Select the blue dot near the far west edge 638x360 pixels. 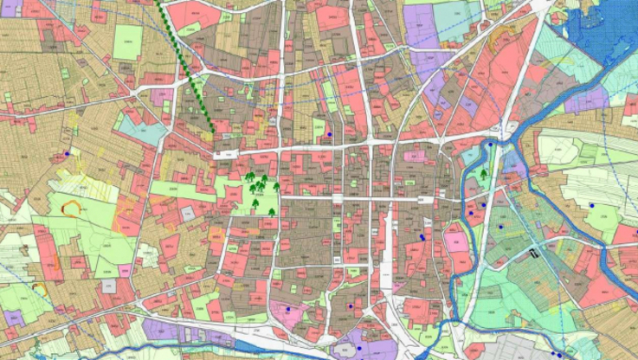pyautogui.click(x=65, y=155)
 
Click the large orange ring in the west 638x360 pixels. pyautogui.click(x=70, y=208)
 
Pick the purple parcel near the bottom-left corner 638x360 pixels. pyautogui.click(x=139, y=330)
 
